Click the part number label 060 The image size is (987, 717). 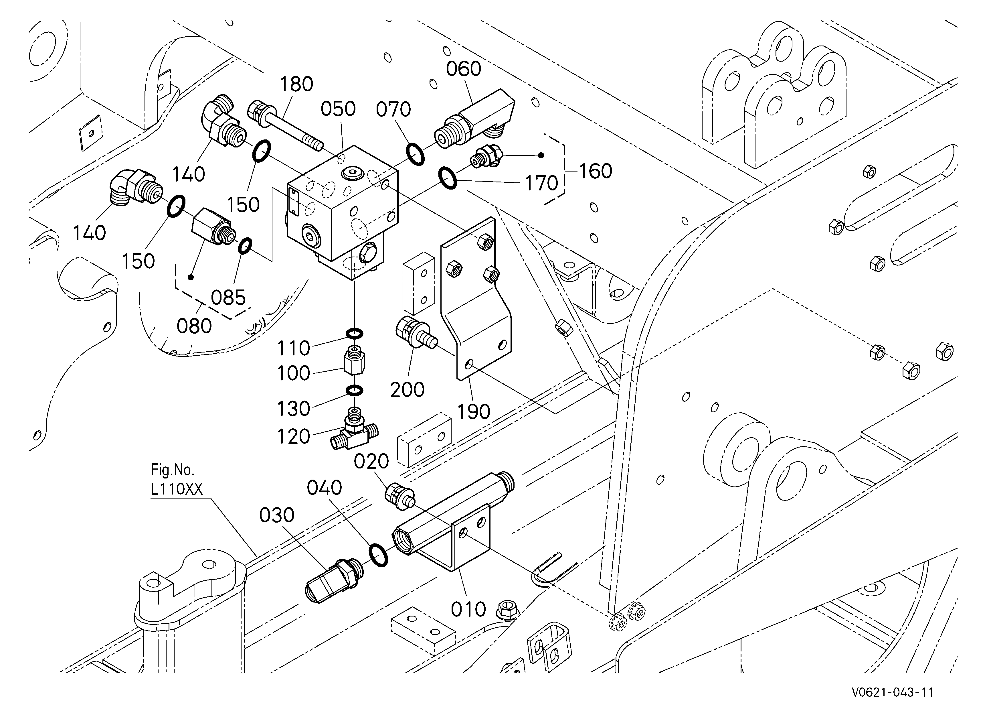pyautogui.click(x=464, y=69)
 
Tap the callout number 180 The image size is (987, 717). pyautogui.click(x=296, y=84)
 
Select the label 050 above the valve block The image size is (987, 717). pyautogui.click(x=338, y=109)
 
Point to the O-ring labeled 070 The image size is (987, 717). pyautogui.click(x=415, y=153)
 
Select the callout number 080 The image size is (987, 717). pyautogui.click(x=194, y=326)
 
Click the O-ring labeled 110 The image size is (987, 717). pyautogui.click(x=355, y=334)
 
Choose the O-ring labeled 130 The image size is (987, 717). pyautogui.click(x=355, y=391)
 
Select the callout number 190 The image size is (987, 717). pyautogui.click(x=474, y=411)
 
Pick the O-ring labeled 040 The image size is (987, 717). pyautogui.click(x=378, y=555)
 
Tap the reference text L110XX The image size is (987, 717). pyautogui.click(x=177, y=490)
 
